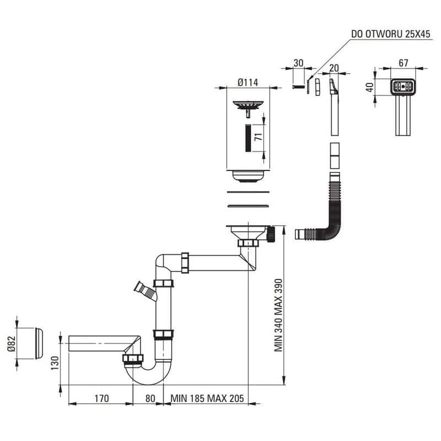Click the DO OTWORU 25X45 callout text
point(391,34)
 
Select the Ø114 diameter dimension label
point(248,82)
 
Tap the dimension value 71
point(259,137)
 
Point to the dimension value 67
point(404,63)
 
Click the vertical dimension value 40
point(370,87)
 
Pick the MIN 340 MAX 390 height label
point(278,315)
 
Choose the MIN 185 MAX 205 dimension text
point(207,399)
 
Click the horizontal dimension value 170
point(101,399)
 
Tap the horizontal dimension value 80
point(150,399)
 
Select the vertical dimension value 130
point(55,363)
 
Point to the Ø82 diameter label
point(12,343)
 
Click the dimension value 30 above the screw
point(298,63)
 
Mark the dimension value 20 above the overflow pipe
point(334,68)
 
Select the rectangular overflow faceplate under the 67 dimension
point(403,87)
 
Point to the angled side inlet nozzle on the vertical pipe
point(145,292)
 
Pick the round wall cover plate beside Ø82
point(39,343)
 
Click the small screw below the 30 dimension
point(299,87)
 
